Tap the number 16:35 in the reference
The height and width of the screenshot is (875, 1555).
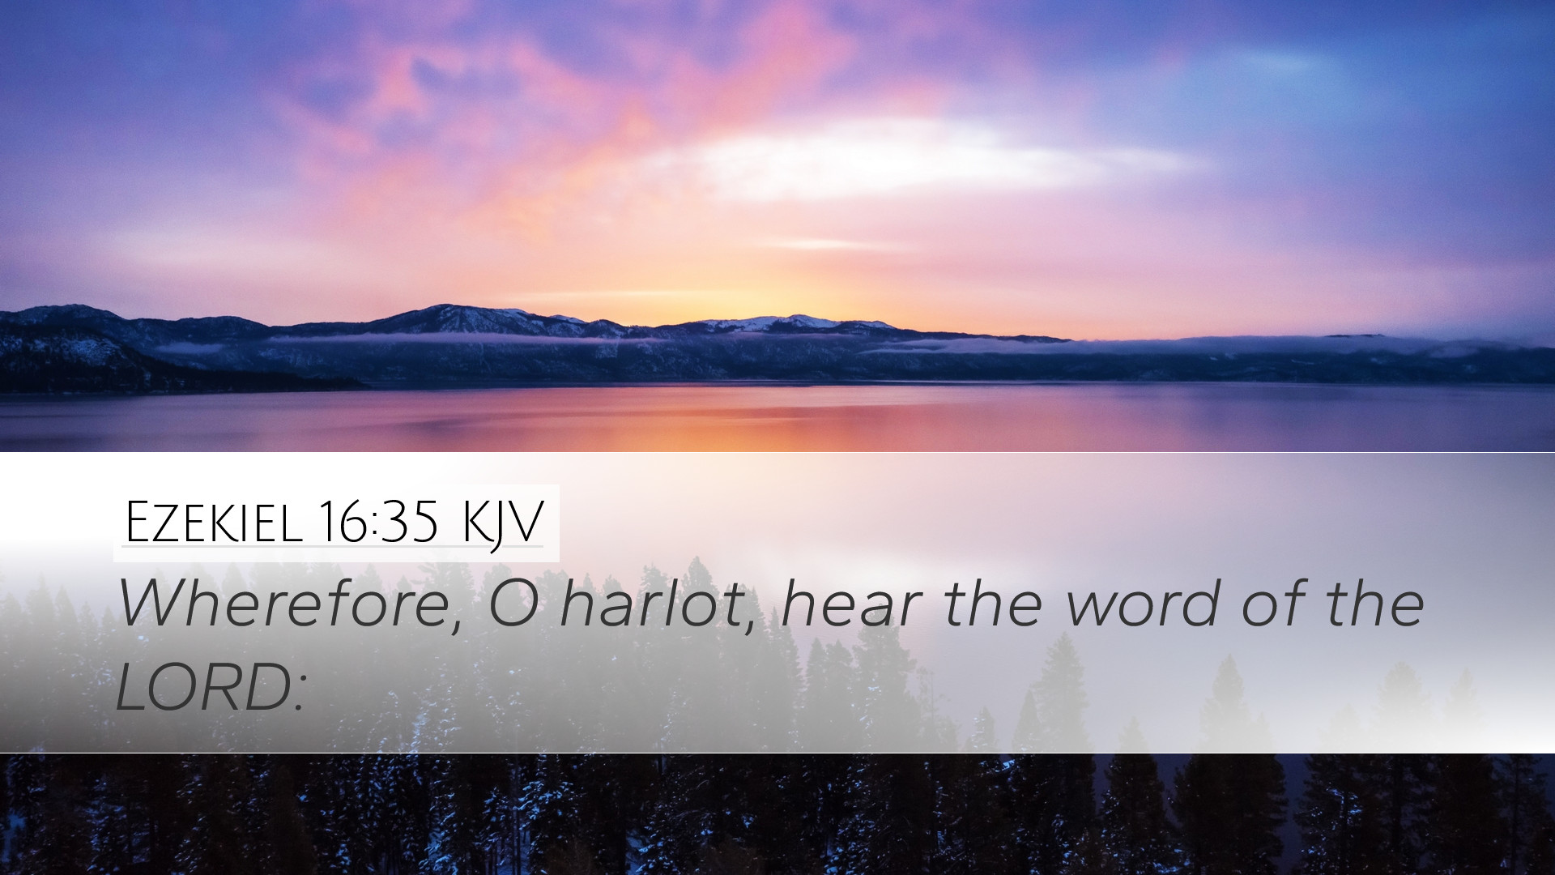tap(378, 522)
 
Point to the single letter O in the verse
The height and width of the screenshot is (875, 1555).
tap(513, 604)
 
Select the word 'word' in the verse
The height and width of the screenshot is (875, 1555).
tap(1143, 604)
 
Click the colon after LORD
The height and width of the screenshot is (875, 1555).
tap(300, 694)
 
